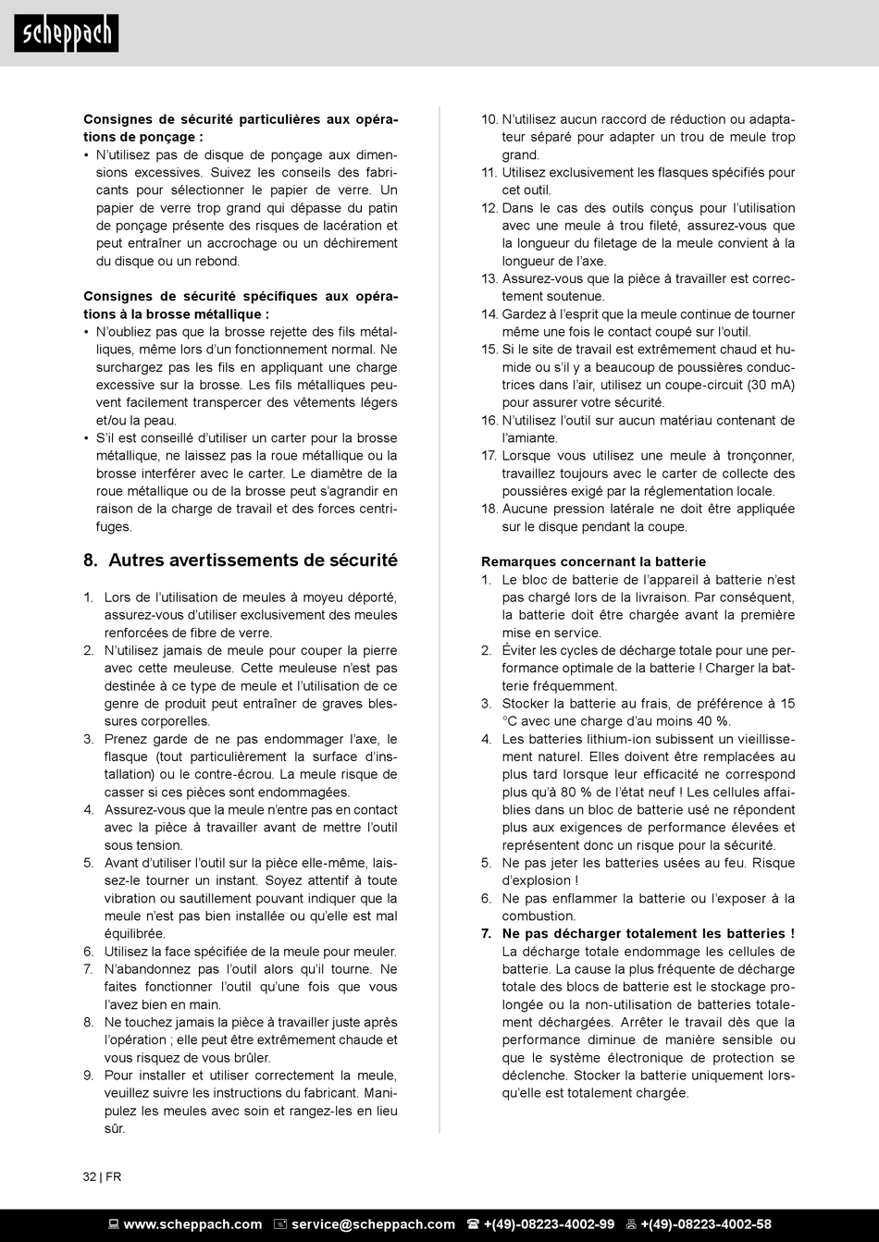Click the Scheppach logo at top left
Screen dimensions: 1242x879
(x=66, y=33)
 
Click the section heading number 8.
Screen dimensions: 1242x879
(x=91, y=560)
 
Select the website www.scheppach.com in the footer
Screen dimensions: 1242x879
(x=192, y=1224)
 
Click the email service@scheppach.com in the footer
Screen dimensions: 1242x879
(x=373, y=1224)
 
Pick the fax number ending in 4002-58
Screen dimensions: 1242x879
(x=706, y=1224)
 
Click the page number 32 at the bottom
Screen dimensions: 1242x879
(x=90, y=1177)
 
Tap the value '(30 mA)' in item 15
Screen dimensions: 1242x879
(x=771, y=385)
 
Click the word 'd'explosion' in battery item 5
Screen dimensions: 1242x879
(x=537, y=880)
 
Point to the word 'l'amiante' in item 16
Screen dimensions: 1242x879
(x=530, y=437)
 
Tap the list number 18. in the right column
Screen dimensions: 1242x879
(x=489, y=509)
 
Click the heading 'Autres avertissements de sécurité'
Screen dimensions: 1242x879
(x=253, y=560)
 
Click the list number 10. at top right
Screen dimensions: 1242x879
(x=489, y=119)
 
